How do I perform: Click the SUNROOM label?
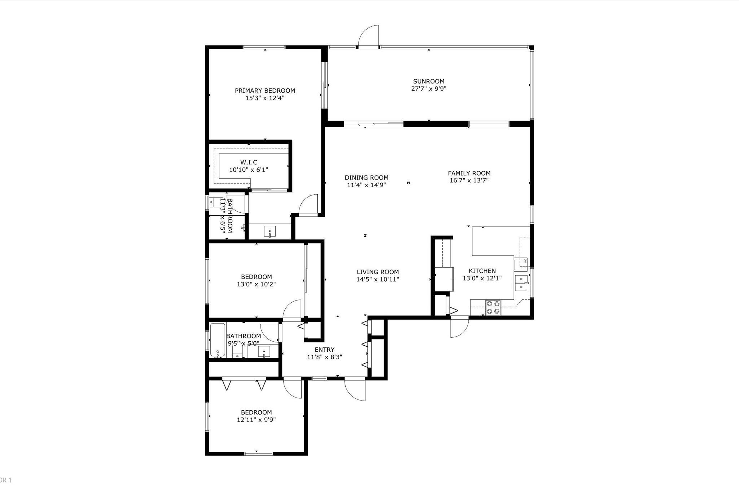[x=429, y=81]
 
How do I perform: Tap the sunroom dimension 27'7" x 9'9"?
[x=429, y=89]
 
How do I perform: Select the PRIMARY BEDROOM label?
[x=265, y=91]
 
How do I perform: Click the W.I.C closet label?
[x=249, y=163]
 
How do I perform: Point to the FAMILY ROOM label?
[x=469, y=173]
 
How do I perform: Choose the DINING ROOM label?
[x=366, y=177]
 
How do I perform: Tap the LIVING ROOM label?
[x=377, y=272]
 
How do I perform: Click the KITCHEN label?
[x=482, y=271]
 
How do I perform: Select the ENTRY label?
[x=324, y=350]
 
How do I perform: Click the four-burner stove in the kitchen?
[x=493, y=307]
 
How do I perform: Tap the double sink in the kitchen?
[x=521, y=283]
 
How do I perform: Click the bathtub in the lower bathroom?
[x=217, y=340]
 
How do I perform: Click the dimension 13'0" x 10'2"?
[x=256, y=284]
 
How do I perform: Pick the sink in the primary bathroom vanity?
[x=270, y=231]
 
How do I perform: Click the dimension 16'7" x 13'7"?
[x=469, y=181]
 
